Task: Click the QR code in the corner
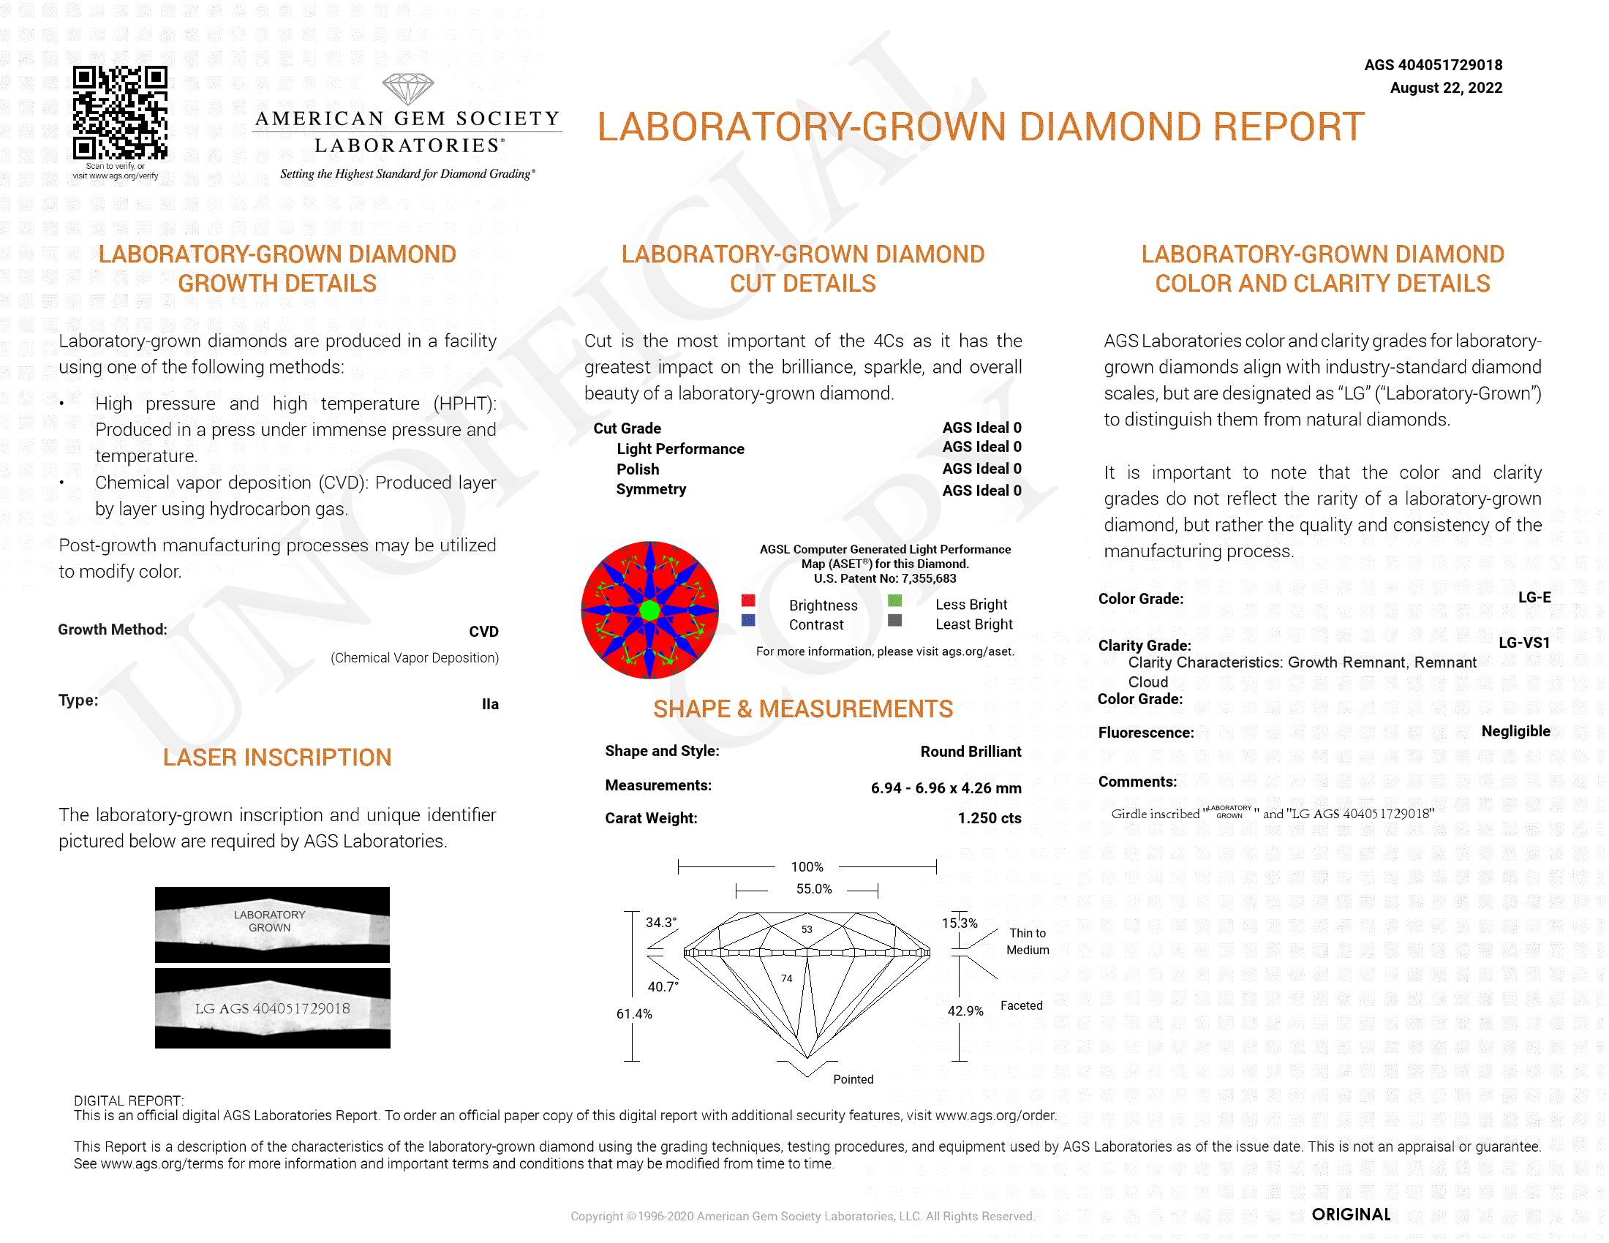click(120, 113)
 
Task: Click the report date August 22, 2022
click(1445, 88)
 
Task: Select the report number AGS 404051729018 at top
click(1433, 65)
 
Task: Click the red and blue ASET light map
click(649, 610)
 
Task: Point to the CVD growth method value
click(483, 632)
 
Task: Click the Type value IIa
click(490, 704)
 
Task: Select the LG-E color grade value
click(1534, 597)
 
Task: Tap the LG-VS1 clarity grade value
click(1523, 642)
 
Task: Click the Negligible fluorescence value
click(1515, 731)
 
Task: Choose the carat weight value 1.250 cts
click(989, 818)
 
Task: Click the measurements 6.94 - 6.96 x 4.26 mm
click(945, 788)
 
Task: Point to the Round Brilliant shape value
click(971, 751)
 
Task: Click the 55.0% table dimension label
click(813, 889)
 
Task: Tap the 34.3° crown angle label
click(661, 922)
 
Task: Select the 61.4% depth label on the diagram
click(634, 1014)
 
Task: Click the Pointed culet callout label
click(853, 1079)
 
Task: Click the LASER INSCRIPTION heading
click(277, 757)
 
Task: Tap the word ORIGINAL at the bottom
click(1351, 1214)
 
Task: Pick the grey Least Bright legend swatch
click(895, 620)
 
